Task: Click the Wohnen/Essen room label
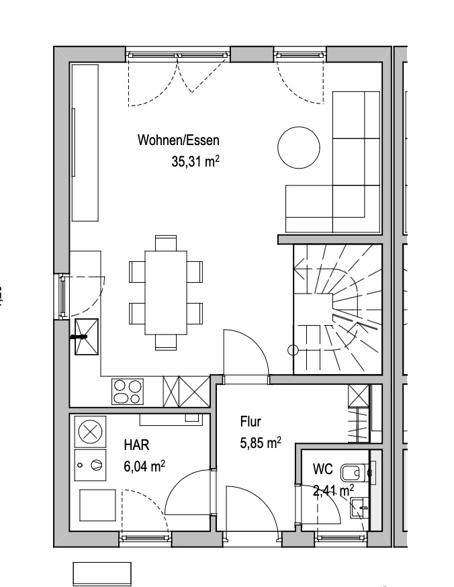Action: tap(179, 140)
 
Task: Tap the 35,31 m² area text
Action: tap(195, 161)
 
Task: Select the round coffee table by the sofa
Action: tap(299, 147)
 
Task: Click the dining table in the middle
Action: tap(166, 292)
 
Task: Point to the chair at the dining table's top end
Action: tap(166, 243)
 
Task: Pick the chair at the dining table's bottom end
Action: tap(166, 342)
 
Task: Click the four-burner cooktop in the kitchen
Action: tap(127, 392)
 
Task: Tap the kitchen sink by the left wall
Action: tap(87, 336)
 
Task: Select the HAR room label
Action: tap(136, 445)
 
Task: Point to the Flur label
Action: tap(251, 422)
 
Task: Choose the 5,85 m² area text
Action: tap(261, 443)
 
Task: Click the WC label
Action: tap(322, 469)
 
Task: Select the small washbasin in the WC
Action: tap(359, 508)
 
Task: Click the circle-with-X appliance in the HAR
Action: tap(90, 432)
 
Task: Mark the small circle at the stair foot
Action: tap(293, 351)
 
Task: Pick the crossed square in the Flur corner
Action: tap(359, 396)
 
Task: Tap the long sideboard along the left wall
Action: tap(85, 142)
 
